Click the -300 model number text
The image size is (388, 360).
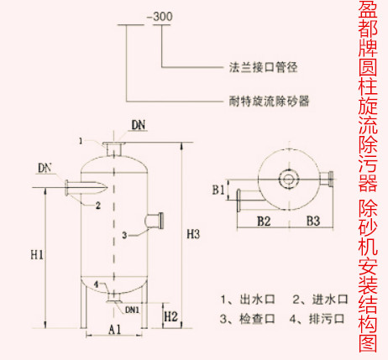coord(160,17)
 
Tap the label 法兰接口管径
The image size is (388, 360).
coord(263,67)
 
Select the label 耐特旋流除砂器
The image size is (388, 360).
coord(270,101)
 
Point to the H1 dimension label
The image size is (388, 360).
coord(37,255)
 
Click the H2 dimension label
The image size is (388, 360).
coord(171,317)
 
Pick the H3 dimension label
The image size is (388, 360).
coord(193,234)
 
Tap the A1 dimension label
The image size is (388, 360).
coord(115,330)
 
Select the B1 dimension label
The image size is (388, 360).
coord(218,190)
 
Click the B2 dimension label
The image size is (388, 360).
coord(264,222)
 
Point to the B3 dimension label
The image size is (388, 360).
coord(313,221)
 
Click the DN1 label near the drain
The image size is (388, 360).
coord(132,310)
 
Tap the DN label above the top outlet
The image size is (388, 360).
coord(139,125)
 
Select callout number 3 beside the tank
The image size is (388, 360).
coord(124,235)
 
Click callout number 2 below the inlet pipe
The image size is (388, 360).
coord(98,206)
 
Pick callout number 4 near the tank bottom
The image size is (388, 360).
coord(97,284)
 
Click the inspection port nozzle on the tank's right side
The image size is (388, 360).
coord(155,221)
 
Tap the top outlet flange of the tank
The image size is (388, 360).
coord(113,143)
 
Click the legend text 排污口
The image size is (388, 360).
coord(327,319)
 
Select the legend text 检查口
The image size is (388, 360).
coord(257,319)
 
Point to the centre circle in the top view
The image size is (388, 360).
coord(289,178)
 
